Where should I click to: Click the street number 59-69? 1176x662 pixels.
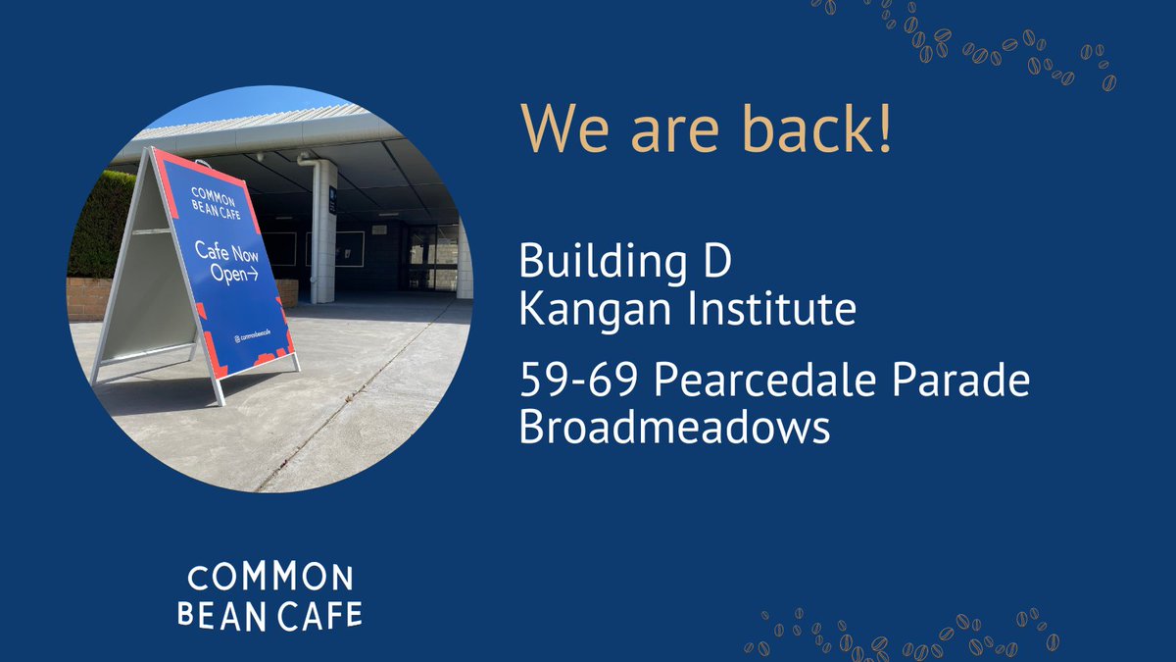(577, 382)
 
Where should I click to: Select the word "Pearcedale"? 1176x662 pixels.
(760, 382)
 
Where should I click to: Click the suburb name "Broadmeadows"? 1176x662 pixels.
(674, 428)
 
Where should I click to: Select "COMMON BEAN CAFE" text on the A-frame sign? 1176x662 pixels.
(212, 200)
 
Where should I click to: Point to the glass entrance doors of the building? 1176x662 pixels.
(431, 257)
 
